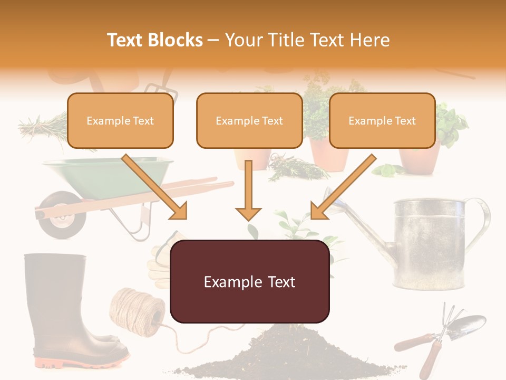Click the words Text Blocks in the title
tap(155, 40)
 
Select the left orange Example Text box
tap(120, 121)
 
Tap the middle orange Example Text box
tap(249, 121)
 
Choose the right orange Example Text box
tap(382, 121)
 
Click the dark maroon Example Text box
tap(250, 282)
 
